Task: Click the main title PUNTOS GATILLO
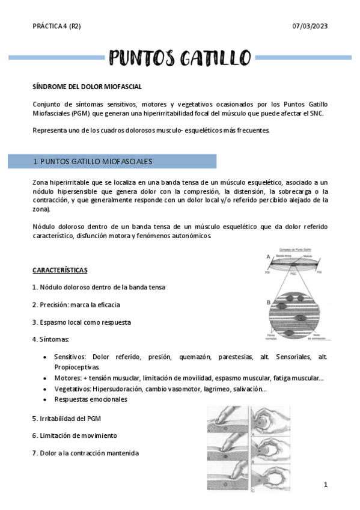pos(180,58)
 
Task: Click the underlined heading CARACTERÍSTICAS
pos(59,270)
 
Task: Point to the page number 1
pos(325,484)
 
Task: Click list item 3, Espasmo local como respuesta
pos(81,322)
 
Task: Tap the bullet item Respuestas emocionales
pos(90,399)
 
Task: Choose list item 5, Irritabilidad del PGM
pos(70,417)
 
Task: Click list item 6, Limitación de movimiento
pos(75,435)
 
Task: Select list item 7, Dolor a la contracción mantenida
pos(87,452)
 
